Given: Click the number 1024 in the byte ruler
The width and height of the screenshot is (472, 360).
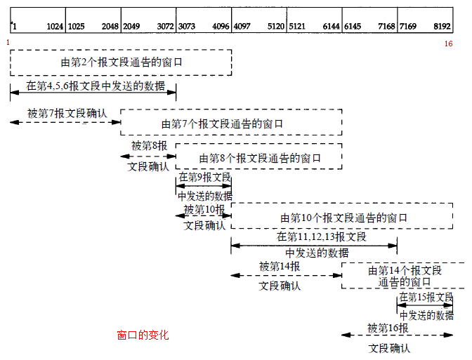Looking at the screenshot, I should (x=55, y=26).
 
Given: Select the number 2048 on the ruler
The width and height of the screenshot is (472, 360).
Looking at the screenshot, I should (x=110, y=26).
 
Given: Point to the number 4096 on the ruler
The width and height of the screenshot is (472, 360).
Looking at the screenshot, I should (x=221, y=26).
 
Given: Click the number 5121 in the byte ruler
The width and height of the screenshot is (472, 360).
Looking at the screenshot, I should (x=299, y=26).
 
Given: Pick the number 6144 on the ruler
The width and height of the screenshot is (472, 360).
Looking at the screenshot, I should (x=331, y=26).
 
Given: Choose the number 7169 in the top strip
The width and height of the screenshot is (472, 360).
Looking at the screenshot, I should (x=409, y=26).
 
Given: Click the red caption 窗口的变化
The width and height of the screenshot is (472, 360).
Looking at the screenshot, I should (x=143, y=335).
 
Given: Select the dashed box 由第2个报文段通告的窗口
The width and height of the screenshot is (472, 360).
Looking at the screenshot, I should (x=121, y=62).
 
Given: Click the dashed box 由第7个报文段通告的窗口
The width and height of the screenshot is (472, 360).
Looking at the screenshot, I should (x=231, y=123).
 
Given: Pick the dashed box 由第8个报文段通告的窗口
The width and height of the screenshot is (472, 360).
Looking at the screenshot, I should (x=259, y=157).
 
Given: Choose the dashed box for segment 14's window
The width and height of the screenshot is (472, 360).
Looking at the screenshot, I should (x=397, y=276).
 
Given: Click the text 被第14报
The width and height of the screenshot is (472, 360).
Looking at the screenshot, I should (x=280, y=266).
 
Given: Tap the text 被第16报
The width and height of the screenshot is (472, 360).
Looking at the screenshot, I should (x=388, y=327).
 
